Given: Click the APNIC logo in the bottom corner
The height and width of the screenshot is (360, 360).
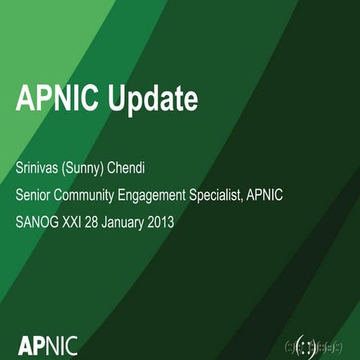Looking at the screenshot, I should [46, 346].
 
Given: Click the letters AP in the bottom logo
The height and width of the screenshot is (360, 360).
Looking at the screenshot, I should [31, 346].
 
